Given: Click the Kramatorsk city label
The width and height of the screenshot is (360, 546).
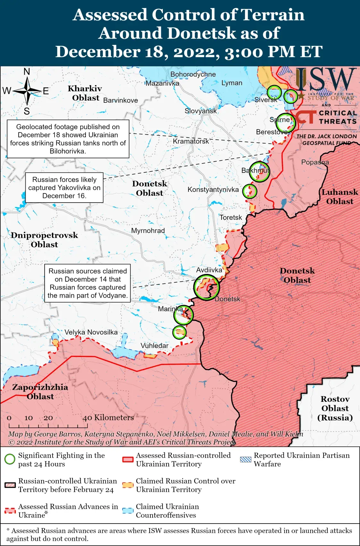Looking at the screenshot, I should point(191,141).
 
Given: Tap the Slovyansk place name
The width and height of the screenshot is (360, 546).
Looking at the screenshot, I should point(201,111).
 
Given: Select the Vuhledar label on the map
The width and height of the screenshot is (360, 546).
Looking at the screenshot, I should point(155,346).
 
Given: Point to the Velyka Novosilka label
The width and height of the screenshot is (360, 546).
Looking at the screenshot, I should point(91,332).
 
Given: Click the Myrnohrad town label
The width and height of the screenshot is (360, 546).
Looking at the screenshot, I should point(148,231).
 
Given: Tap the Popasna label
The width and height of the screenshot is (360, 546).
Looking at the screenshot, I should point(315,162).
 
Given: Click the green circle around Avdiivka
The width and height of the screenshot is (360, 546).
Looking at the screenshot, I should point(206,287).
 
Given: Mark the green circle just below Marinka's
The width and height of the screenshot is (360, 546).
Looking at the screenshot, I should point(179,332).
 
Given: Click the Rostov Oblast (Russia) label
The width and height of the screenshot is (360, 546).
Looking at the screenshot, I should point(335,408).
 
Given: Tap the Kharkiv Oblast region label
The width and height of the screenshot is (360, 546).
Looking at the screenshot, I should point(85,93).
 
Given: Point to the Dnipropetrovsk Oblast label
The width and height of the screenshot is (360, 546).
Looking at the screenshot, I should point(45,240).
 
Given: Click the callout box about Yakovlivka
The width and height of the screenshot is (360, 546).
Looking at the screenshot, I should point(64,188).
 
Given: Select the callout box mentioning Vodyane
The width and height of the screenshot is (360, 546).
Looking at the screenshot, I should point(88,283).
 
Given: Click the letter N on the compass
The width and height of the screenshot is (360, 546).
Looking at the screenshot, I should point(27,72).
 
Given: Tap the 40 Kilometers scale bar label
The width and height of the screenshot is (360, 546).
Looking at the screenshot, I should point(108,418).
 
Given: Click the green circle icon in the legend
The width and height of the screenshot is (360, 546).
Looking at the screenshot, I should point(10,459).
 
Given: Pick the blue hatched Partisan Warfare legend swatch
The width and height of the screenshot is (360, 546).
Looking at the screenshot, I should point(246,459).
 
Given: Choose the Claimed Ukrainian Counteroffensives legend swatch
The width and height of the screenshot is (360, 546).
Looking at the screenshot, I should point(128,511).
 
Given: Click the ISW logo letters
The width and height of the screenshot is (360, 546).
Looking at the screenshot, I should point(325,79).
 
